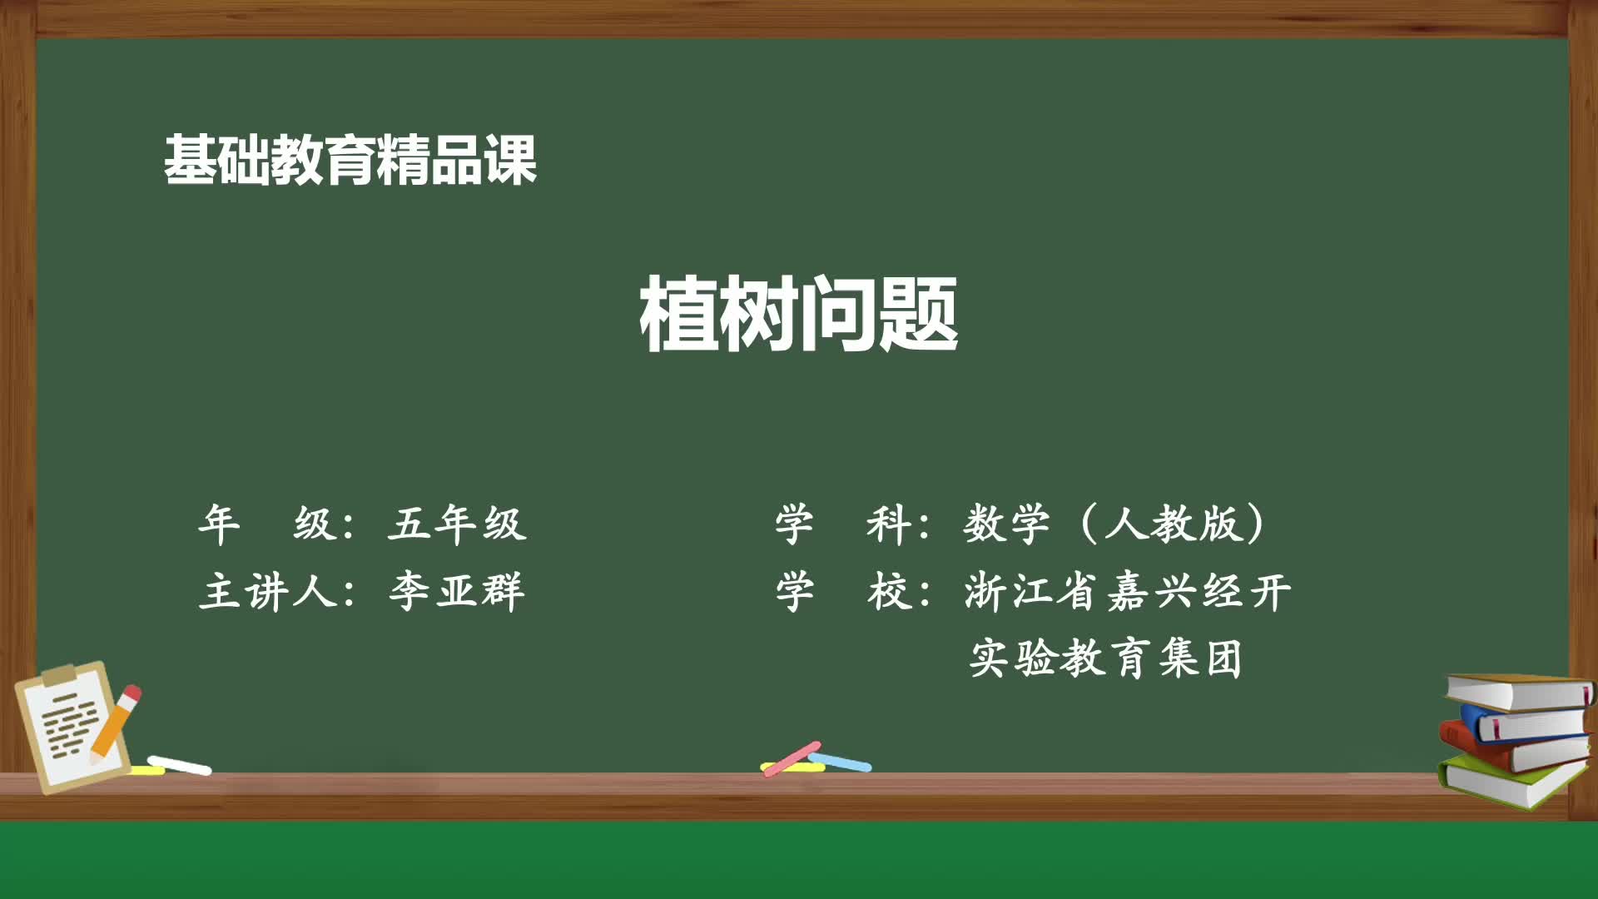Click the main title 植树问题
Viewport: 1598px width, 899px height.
[799, 315]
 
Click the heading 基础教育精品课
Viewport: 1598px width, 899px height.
[350, 160]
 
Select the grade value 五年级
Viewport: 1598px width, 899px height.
[456, 524]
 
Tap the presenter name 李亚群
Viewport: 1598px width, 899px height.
[456, 592]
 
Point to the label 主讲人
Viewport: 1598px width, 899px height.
[268, 592]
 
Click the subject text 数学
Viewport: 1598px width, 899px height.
[1006, 524]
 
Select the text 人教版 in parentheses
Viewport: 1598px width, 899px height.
[1173, 524]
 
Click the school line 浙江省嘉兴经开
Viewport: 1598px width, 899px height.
[1127, 592]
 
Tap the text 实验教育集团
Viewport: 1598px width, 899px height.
[1105, 658]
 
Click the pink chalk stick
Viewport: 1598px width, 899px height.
[792, 758]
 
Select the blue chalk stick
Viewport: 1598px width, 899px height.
[841, 762]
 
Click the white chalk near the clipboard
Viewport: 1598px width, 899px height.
[180, 765]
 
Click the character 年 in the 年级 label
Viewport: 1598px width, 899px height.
[219, 524]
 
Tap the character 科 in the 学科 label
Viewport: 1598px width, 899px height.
[889, 524]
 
